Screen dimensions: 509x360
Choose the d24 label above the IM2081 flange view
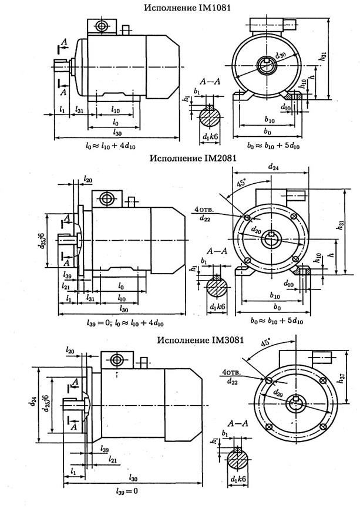click(272, 168)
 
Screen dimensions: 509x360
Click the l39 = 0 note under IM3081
click(128, 490)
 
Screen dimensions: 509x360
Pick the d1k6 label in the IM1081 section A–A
click(210, 136)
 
